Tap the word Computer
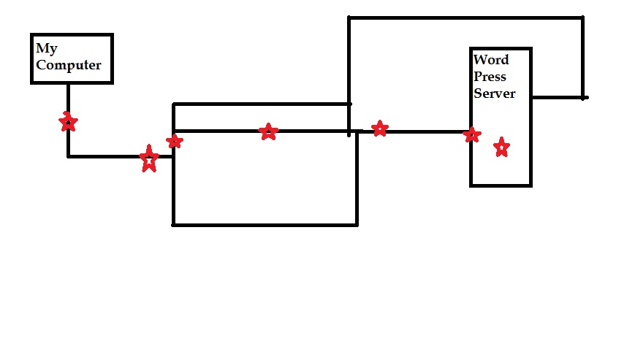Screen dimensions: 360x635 tap(69, 65)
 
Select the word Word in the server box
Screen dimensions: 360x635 tap(491, 60)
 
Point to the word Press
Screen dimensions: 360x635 tap(490, 77)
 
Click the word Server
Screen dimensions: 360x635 tap(495, 93)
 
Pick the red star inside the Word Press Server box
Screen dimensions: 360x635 tap(501, 148)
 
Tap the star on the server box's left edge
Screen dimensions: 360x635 tap(472, 134)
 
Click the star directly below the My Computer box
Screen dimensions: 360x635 tap(68, 122)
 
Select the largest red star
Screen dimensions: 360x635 tap(149, 158)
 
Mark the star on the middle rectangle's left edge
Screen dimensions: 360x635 tap(175, 141)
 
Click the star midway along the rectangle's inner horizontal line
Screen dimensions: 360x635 tap(268, 132)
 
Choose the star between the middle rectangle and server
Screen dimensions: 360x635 tap(379, 129)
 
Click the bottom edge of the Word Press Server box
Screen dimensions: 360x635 tap(501, 185)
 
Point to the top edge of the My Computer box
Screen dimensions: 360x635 tap(72, 34)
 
